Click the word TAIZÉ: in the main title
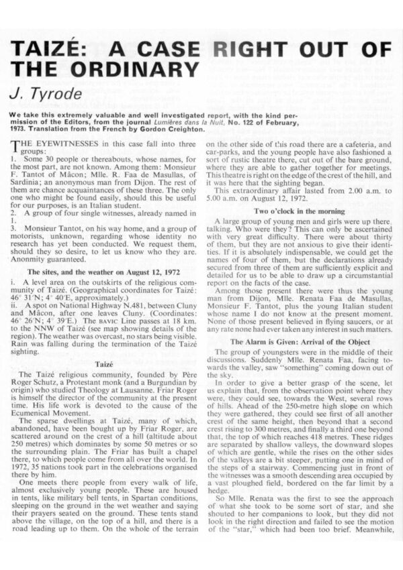(54, 50)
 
